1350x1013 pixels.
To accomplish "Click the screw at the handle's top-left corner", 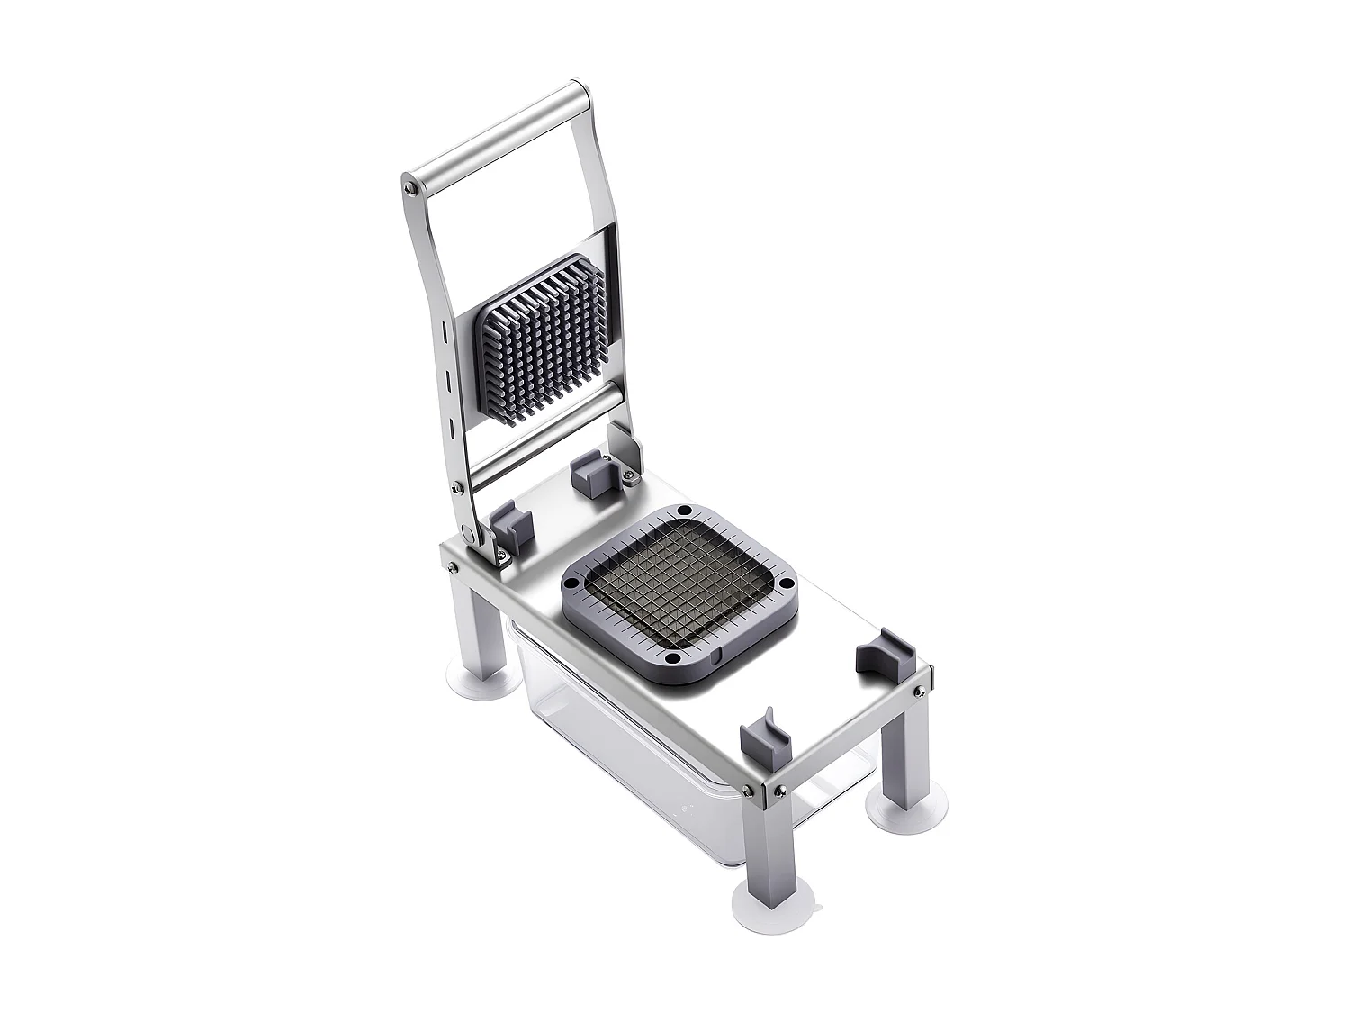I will [x=411, y=187].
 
